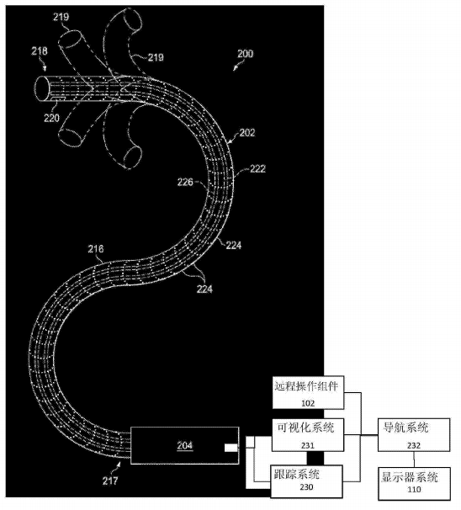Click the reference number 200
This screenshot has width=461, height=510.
244,54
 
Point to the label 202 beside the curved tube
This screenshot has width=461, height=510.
246,132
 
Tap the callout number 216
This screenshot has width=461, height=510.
96,250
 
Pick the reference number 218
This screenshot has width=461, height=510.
40,52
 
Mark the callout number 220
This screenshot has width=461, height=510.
52,120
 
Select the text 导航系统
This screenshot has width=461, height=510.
408,426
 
